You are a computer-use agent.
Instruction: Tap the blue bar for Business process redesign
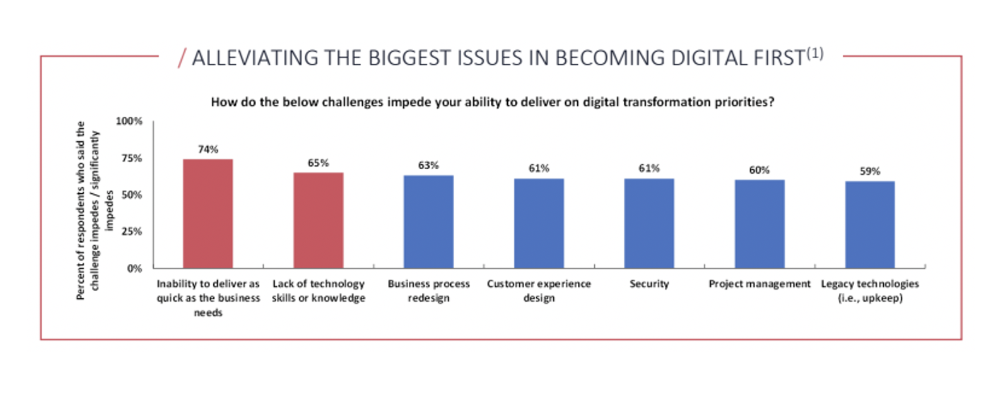pyautogui.click(x=428, y=222)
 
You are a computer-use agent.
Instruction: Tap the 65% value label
pyautogui.click(x=318, y=163)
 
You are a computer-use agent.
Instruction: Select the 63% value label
pyautogui.click(x=428, y=165)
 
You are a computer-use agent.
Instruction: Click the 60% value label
pyautogui.click(x=760, y=170)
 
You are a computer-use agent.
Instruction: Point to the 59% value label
pyautogui.click(x=870, y=171)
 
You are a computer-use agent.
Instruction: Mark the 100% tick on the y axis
pyautogui.click(x=129, y=121)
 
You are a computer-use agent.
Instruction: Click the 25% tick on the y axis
pyautogui.click(x=132, y=231)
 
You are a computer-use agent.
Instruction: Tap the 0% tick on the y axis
pyautogui.click(x=134, y=268)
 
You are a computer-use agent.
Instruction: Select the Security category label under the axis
pyautogui.click(x=649, y=284)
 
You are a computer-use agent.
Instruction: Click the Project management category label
pyautogui.click(x=760, y=284)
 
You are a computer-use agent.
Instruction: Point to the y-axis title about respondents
pyautogui.click(x=94, y=210)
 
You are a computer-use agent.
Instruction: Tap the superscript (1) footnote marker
pyautogui.click(x=815, y=54)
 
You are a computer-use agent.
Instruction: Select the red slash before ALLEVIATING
pyautogui.click(x=182, y=58)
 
